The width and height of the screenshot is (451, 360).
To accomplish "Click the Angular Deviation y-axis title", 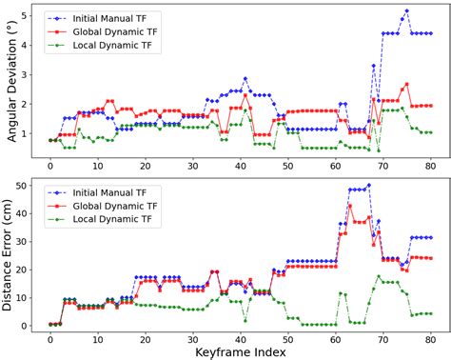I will (10, 86).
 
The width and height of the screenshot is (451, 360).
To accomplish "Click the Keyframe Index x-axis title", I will (240, 350).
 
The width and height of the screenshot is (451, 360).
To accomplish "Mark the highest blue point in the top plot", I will (406, 10).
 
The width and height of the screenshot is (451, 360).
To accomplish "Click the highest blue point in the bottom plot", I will (368, 186).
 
